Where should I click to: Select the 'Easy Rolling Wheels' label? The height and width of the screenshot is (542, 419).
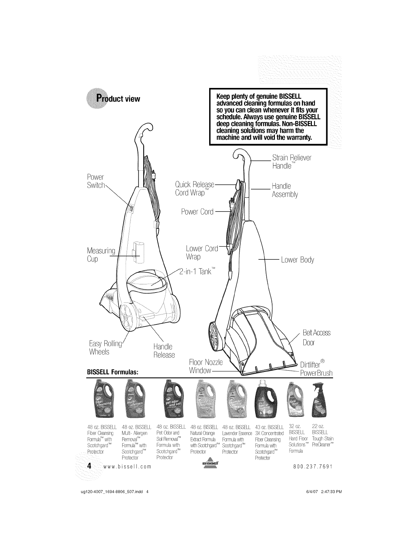[x=104, y=347]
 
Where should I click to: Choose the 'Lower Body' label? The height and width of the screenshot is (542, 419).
[x=297, y=260]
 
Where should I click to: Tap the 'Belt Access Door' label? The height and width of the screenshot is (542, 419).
[x=316, y=337]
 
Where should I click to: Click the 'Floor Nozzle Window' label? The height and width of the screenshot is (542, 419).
[x=206, y=367]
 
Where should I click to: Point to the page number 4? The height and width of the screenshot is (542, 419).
[x=89, y=466]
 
